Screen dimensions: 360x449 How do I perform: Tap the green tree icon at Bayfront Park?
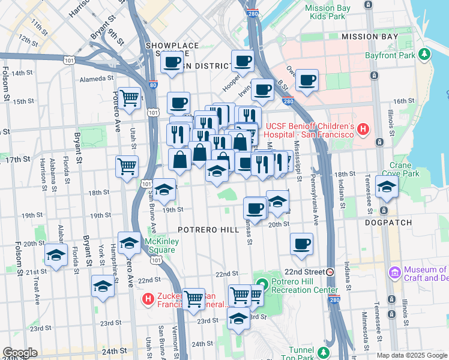tap(425, 55)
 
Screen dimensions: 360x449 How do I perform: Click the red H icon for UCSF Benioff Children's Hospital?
tap(362, 129)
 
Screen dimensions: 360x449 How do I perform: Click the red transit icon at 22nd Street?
tap(330, 272)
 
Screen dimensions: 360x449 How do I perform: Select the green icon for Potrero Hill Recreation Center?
tap(262, 284)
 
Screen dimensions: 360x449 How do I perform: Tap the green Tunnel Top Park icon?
tap(324, 352)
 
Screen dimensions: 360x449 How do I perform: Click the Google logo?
tap(20, 352)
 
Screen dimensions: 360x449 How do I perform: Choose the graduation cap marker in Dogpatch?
tap(387, 187)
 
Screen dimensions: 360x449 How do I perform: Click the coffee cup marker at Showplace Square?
tap(172, 62)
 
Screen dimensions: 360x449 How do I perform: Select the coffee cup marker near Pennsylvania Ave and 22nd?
tap(301, 244)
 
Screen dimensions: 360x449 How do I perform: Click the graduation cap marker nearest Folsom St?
tap(56, 256)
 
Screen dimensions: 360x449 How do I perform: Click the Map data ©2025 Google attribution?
tap(411, 355)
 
